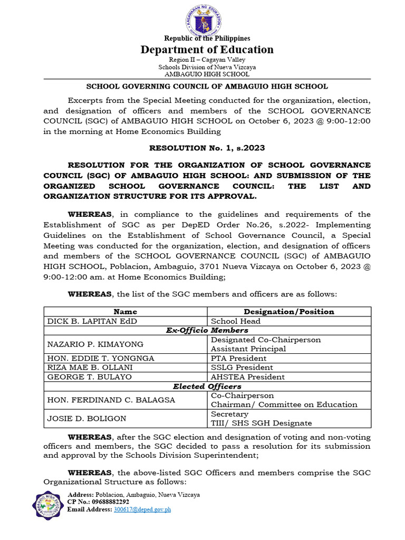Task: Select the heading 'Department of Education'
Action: click(x=207, y=50)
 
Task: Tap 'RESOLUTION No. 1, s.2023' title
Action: click(x=207, y=149)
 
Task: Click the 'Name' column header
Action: click(x=125, y=312)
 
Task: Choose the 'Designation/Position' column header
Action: click(x=289, y=312)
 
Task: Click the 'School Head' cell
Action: click(x=236, y=321)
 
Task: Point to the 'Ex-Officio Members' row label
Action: click(x=207, y=330)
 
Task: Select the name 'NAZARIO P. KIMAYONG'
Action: click(x=95, y=344)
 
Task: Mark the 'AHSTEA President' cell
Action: click(x=248, y=377)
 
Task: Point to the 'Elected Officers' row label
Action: click(x=207, y=386)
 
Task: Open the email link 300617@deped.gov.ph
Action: click(x=142, y=509)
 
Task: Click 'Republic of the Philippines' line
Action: click(x=207, y=38)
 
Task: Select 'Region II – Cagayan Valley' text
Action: click(x=207, y=60)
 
